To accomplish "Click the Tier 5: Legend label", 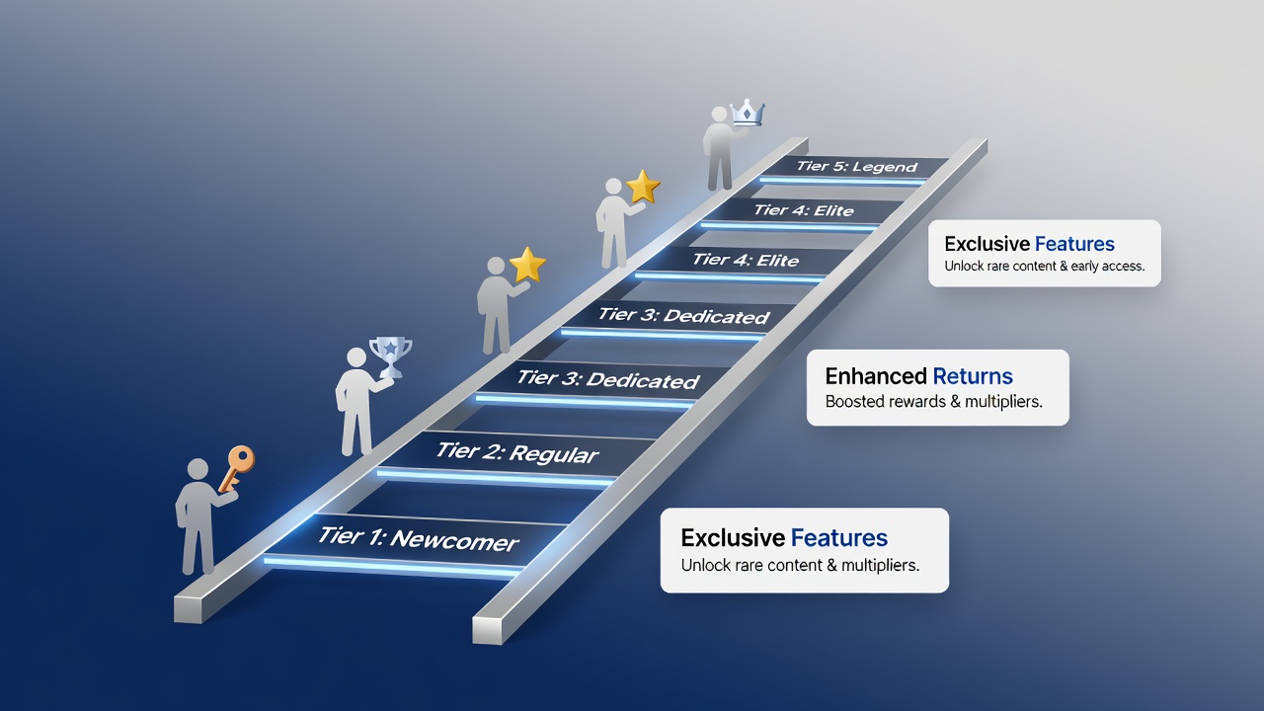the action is [856, 167].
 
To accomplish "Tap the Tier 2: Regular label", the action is [516, 452].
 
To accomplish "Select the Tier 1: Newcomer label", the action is [418, 539].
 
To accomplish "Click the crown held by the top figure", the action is [747, 113].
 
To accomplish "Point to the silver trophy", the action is [390, 356].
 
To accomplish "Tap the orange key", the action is [237, 468].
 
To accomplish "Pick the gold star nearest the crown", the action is [643, 187].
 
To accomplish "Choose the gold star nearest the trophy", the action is [527, 264].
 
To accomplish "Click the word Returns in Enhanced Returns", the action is [973, 376].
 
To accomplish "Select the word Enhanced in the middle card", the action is [876, 376].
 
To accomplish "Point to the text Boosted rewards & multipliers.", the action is [933, 402].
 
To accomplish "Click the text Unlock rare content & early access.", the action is [1045, 266].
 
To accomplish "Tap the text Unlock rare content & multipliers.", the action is [800, 565].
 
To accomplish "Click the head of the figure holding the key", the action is [197, 469].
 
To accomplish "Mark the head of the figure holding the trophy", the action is [356, 357].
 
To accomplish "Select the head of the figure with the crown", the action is [720, 115].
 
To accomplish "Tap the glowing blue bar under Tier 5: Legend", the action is [842, 181].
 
